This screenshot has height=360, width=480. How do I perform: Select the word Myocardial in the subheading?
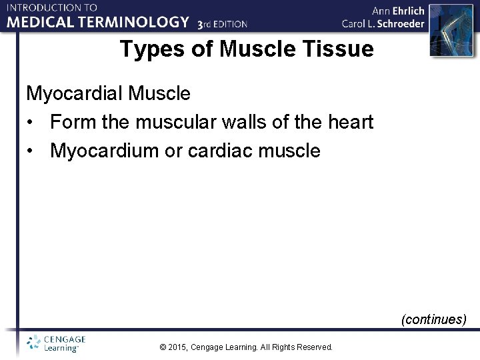click(x=75, y=93)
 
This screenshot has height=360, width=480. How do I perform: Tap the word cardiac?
click(x=218, y=151)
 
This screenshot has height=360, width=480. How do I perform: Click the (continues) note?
click(x=433, y=319)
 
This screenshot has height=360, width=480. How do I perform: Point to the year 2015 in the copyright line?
click(x=178, y=347)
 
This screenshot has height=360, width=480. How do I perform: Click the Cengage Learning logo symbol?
click(x=33, y=343)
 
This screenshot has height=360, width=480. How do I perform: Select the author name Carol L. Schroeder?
click(x=383, y=24)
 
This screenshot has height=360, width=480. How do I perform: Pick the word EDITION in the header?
click(x=230, y=25)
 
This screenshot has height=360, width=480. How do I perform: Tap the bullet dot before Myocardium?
click(x=31, y=151)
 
